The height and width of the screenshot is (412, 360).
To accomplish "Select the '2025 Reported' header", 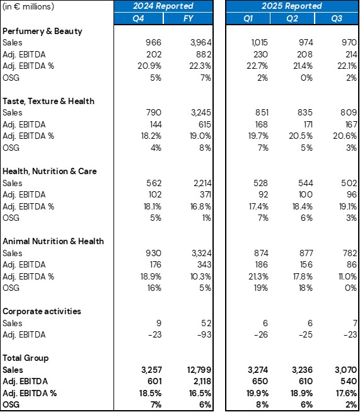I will coord(293,6).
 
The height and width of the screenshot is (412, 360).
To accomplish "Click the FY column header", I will coord(189,18).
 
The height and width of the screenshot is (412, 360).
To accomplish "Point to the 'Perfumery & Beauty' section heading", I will coord(42,31).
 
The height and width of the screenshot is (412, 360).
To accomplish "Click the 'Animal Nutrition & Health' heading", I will coord(53,241).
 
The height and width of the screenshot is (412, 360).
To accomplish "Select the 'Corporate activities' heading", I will coord(42,311).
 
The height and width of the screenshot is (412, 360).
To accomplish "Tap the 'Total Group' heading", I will coord(26,358).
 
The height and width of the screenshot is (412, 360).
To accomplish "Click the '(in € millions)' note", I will coord(28,6).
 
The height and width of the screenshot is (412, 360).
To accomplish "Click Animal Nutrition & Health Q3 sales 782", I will coord(348,253).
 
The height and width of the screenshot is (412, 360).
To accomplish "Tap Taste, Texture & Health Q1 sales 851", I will coord(259,113).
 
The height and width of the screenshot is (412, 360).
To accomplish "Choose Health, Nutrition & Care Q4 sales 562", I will coord(153,183).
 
